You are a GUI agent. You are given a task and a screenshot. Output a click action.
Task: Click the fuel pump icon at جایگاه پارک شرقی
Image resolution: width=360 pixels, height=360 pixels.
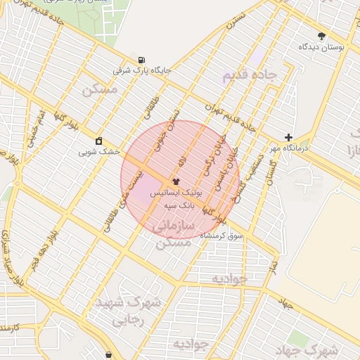143,60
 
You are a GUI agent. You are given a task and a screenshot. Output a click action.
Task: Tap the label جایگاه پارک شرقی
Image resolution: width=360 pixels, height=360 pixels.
143,71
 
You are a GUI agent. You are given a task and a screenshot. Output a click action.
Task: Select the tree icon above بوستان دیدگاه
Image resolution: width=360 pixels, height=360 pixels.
322,36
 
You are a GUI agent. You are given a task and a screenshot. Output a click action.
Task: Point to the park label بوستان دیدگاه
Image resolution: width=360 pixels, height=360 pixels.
321,47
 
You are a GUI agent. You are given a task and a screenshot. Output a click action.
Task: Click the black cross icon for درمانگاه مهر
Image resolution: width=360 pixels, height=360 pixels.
288,138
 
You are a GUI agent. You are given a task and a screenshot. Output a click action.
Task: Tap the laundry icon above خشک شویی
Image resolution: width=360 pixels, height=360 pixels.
98,140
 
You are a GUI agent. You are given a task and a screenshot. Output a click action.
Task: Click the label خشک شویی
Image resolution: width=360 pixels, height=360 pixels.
99,151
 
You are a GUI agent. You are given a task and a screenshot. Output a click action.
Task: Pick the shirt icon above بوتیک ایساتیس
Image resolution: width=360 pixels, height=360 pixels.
176,181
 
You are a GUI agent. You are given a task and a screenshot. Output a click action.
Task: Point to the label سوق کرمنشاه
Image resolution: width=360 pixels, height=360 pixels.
221,235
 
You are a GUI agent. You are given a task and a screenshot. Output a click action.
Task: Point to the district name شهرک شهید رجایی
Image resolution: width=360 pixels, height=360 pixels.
129,311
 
